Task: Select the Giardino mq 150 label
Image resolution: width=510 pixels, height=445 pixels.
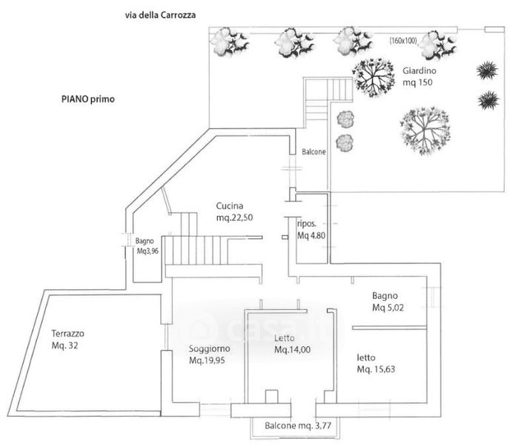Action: pos(419,76)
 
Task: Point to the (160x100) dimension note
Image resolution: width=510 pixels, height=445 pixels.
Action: pos(405,42)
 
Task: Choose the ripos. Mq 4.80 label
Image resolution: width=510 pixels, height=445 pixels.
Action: pos(310,231)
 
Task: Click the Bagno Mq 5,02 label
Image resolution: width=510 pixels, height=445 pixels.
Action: pos(388,301)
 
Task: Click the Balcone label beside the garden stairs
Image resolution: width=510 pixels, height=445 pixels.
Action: pos(314,152)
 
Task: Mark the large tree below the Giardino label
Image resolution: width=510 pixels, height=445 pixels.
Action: pos(423,130)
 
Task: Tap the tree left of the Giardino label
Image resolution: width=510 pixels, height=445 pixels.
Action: pos(372,76)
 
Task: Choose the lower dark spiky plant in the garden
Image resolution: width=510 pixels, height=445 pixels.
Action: pos(488,99)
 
